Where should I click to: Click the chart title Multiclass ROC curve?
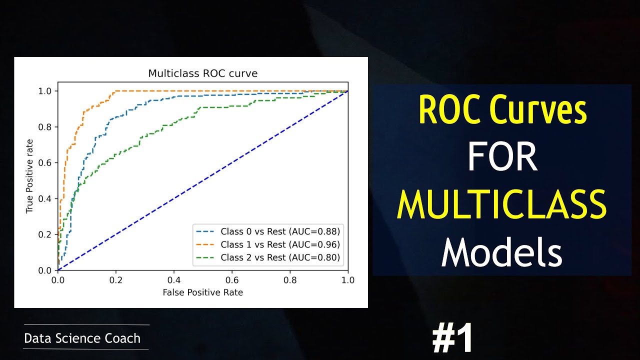pyautogui.click(x=202, y=73)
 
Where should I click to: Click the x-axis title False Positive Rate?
pyautogui.click(x=202, y=292)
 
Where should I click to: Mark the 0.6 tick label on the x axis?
pyautogui.click(x=231, y=280)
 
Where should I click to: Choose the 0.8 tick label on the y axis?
pyautogui.click(x=44, y=127)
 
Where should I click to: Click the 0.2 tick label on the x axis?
pyautogui.click(x=116, y=280)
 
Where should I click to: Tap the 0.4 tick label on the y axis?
pyautogui.click(x=44, y=199)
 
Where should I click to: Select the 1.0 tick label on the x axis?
pyautogui.click(x=347, y=280)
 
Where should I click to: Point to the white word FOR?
pyautogui.click(x=501, y=158)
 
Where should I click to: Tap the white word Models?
pyautogui.click(x=501, y=252)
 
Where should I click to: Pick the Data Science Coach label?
pyautogui.click(x=82, y=338)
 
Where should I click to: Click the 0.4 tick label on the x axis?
pyautogui.click(x=174, y=280)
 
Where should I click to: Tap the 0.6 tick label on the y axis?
pyautogui.click(x=44, y=163)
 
